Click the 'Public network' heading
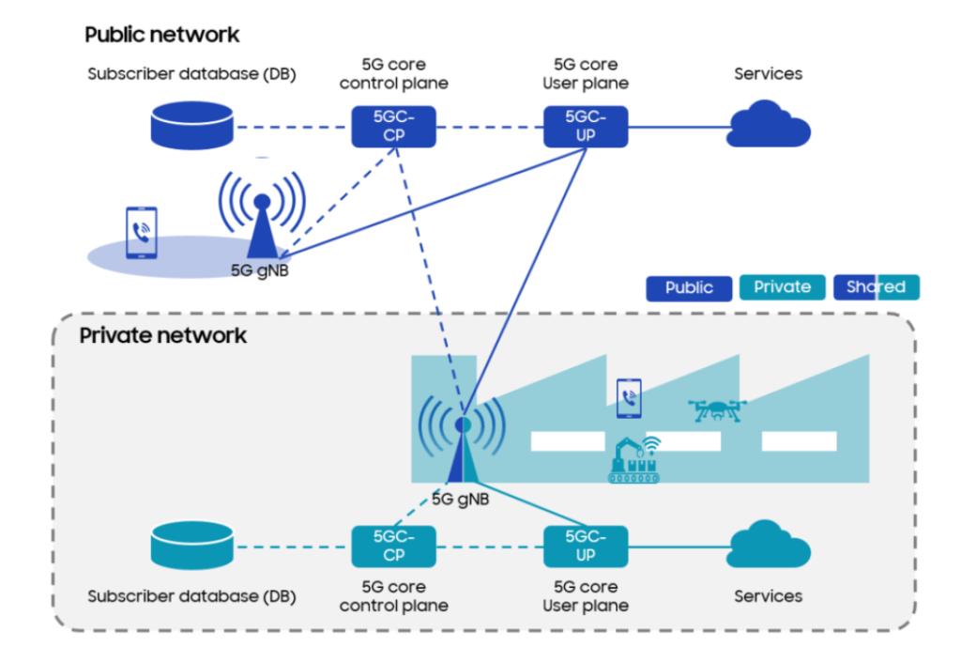pyautogui.click(x=161, y=35)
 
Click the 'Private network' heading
pyautogui.click(x=162, y=335)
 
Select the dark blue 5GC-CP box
pyautogui.click(x=393, y=126)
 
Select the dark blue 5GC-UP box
pyautogui.click(x=586, y=126)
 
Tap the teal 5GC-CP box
pyautogui.click(x=393, y=546)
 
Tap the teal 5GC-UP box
pyautogui.click(x=586, y=546)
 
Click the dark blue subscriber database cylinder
pyautogui.click(x=191, y=126)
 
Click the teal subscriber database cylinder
pyautogui.click(x=191, y=546)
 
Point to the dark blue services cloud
pyautogui.click(x=768, y=126)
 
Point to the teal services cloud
pyautogui.click(x=768, y=546)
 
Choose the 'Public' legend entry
pyautogui.click(x=689, y=287)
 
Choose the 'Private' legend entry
pyautogui.click(x=782, y=287)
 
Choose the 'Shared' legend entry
pyautogui.click(x=876, y=287)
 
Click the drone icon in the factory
pyautogui.click(x=717, y=409)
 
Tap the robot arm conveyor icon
pyautogui.click(x=634, y=460)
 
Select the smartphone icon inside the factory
pyautogui.click(x=629, y=398)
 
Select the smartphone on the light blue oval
pyautogui.click(x=142, y=233)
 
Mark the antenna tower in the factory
pyautogui.click(x=462, y=451)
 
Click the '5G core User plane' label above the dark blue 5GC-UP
pyautogui.click(x=586, y=73)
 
